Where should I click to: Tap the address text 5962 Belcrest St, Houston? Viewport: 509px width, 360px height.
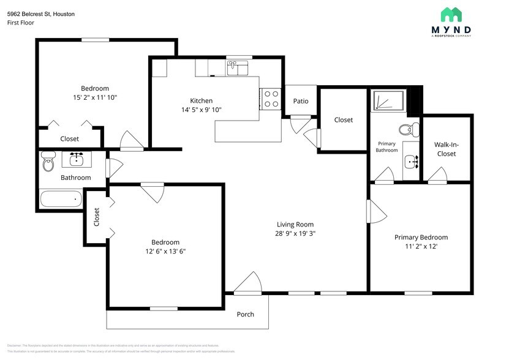click(x=41, y=13)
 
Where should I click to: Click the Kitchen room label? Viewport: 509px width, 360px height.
click(x=201, y=101)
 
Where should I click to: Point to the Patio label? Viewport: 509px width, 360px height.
click(x=301, y=101)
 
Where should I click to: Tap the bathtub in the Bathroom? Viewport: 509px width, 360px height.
click(x=61, y=198)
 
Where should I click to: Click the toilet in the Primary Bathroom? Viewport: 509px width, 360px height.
click(x=407, y=129)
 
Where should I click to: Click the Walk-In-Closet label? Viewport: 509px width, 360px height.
click(x=446, y=149)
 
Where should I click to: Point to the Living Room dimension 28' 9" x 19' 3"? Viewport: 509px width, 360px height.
click(x=295, y=233)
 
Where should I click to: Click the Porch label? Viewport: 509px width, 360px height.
click(x=245, y=315)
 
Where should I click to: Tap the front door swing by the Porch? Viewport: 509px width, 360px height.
click(x=249, y=283)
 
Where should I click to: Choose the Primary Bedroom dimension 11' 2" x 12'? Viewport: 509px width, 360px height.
click(x=421, y=246)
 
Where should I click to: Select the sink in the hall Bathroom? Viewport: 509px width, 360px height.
click(x=77, y=160)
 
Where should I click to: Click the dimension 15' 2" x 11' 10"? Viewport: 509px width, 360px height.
click(x=95, y=97)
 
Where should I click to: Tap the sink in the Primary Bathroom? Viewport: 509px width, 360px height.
click(x=411, y=162)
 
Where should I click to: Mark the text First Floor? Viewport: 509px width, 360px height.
click(x=21, y=23)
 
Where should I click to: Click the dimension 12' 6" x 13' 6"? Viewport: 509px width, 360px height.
click(x=165, y=251)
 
